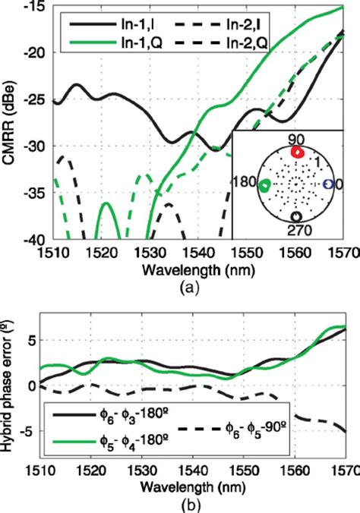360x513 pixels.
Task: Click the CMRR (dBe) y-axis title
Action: [x=11, y=122]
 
